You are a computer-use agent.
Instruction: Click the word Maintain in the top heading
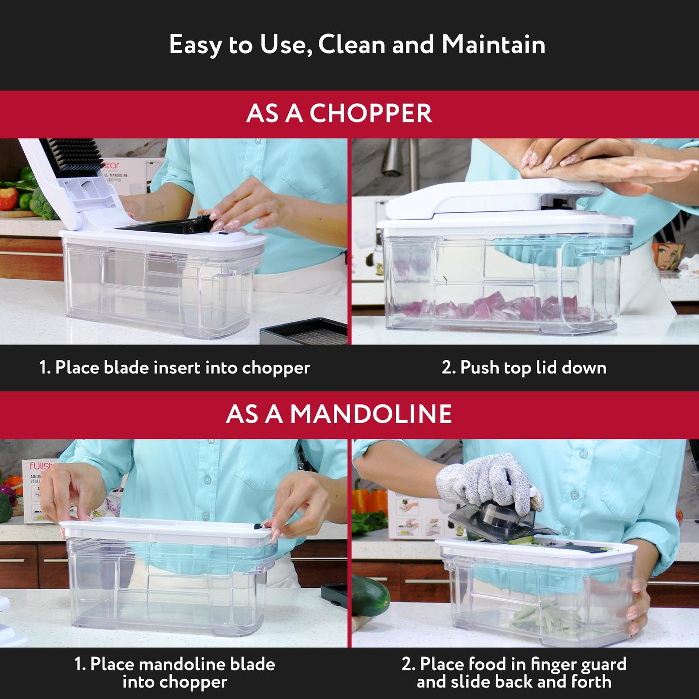pos(493,45)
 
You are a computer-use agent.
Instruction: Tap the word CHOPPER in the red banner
pos(370,114)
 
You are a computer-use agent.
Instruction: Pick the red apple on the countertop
pos(8,198)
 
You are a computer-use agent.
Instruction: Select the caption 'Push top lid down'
pos(524,368)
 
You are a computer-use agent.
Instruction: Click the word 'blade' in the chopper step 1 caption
pos(126,368)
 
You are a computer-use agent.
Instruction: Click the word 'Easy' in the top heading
pos(195,45)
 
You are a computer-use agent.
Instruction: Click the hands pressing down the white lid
pos(605,162)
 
